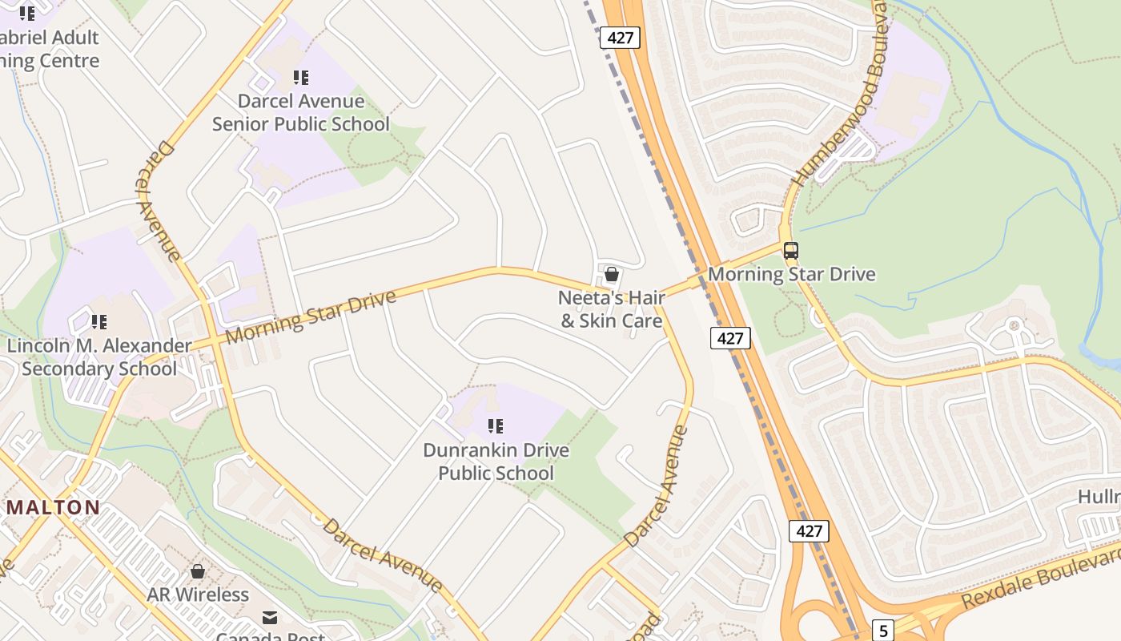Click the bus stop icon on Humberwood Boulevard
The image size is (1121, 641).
click(790, 251)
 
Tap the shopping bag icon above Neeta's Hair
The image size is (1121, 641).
click(612, 275)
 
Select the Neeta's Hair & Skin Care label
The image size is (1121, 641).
click(612, 309)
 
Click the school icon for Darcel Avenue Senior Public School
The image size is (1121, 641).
click(301, 78)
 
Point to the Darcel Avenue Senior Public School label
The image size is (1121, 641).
click(301, 112)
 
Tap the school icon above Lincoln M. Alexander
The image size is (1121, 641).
click(99, 322)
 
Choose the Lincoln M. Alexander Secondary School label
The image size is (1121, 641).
click(99, 357)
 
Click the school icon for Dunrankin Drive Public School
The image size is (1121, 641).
click(496, 426)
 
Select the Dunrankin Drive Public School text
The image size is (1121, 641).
click(496, 462)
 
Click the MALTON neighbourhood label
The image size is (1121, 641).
click(54, 507)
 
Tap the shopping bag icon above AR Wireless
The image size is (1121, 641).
click(198, 572)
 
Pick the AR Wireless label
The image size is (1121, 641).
click(198, 595)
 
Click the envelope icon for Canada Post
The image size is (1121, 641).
click(270, 618)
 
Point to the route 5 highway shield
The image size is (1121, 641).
click(882, 631)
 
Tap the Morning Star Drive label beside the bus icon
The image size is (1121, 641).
click(791, 274)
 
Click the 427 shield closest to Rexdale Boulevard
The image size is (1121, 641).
click(809, 530)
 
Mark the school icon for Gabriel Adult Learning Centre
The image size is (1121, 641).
click(27, 14)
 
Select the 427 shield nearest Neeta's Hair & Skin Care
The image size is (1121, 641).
click(729, 338)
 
